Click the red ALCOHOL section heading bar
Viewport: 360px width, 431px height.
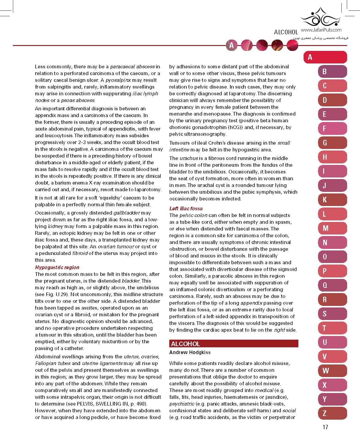point(233,344)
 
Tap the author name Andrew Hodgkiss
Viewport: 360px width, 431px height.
point(190,352)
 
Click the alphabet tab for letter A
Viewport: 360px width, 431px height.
point(325,57)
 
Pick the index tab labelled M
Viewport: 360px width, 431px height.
point(332,228)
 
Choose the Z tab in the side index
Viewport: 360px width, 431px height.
point(332,413)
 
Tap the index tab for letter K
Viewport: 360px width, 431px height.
point(332,200)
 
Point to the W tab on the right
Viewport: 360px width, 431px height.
point(332,371)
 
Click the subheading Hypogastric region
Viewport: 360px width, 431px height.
point(57,267)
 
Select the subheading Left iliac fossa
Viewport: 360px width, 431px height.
point(186,208)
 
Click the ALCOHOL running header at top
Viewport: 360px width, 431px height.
point(286,32)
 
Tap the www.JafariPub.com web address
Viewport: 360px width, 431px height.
point(321,30)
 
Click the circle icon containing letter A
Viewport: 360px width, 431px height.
point(232,45)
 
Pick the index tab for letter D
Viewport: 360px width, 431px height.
point(332,100)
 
